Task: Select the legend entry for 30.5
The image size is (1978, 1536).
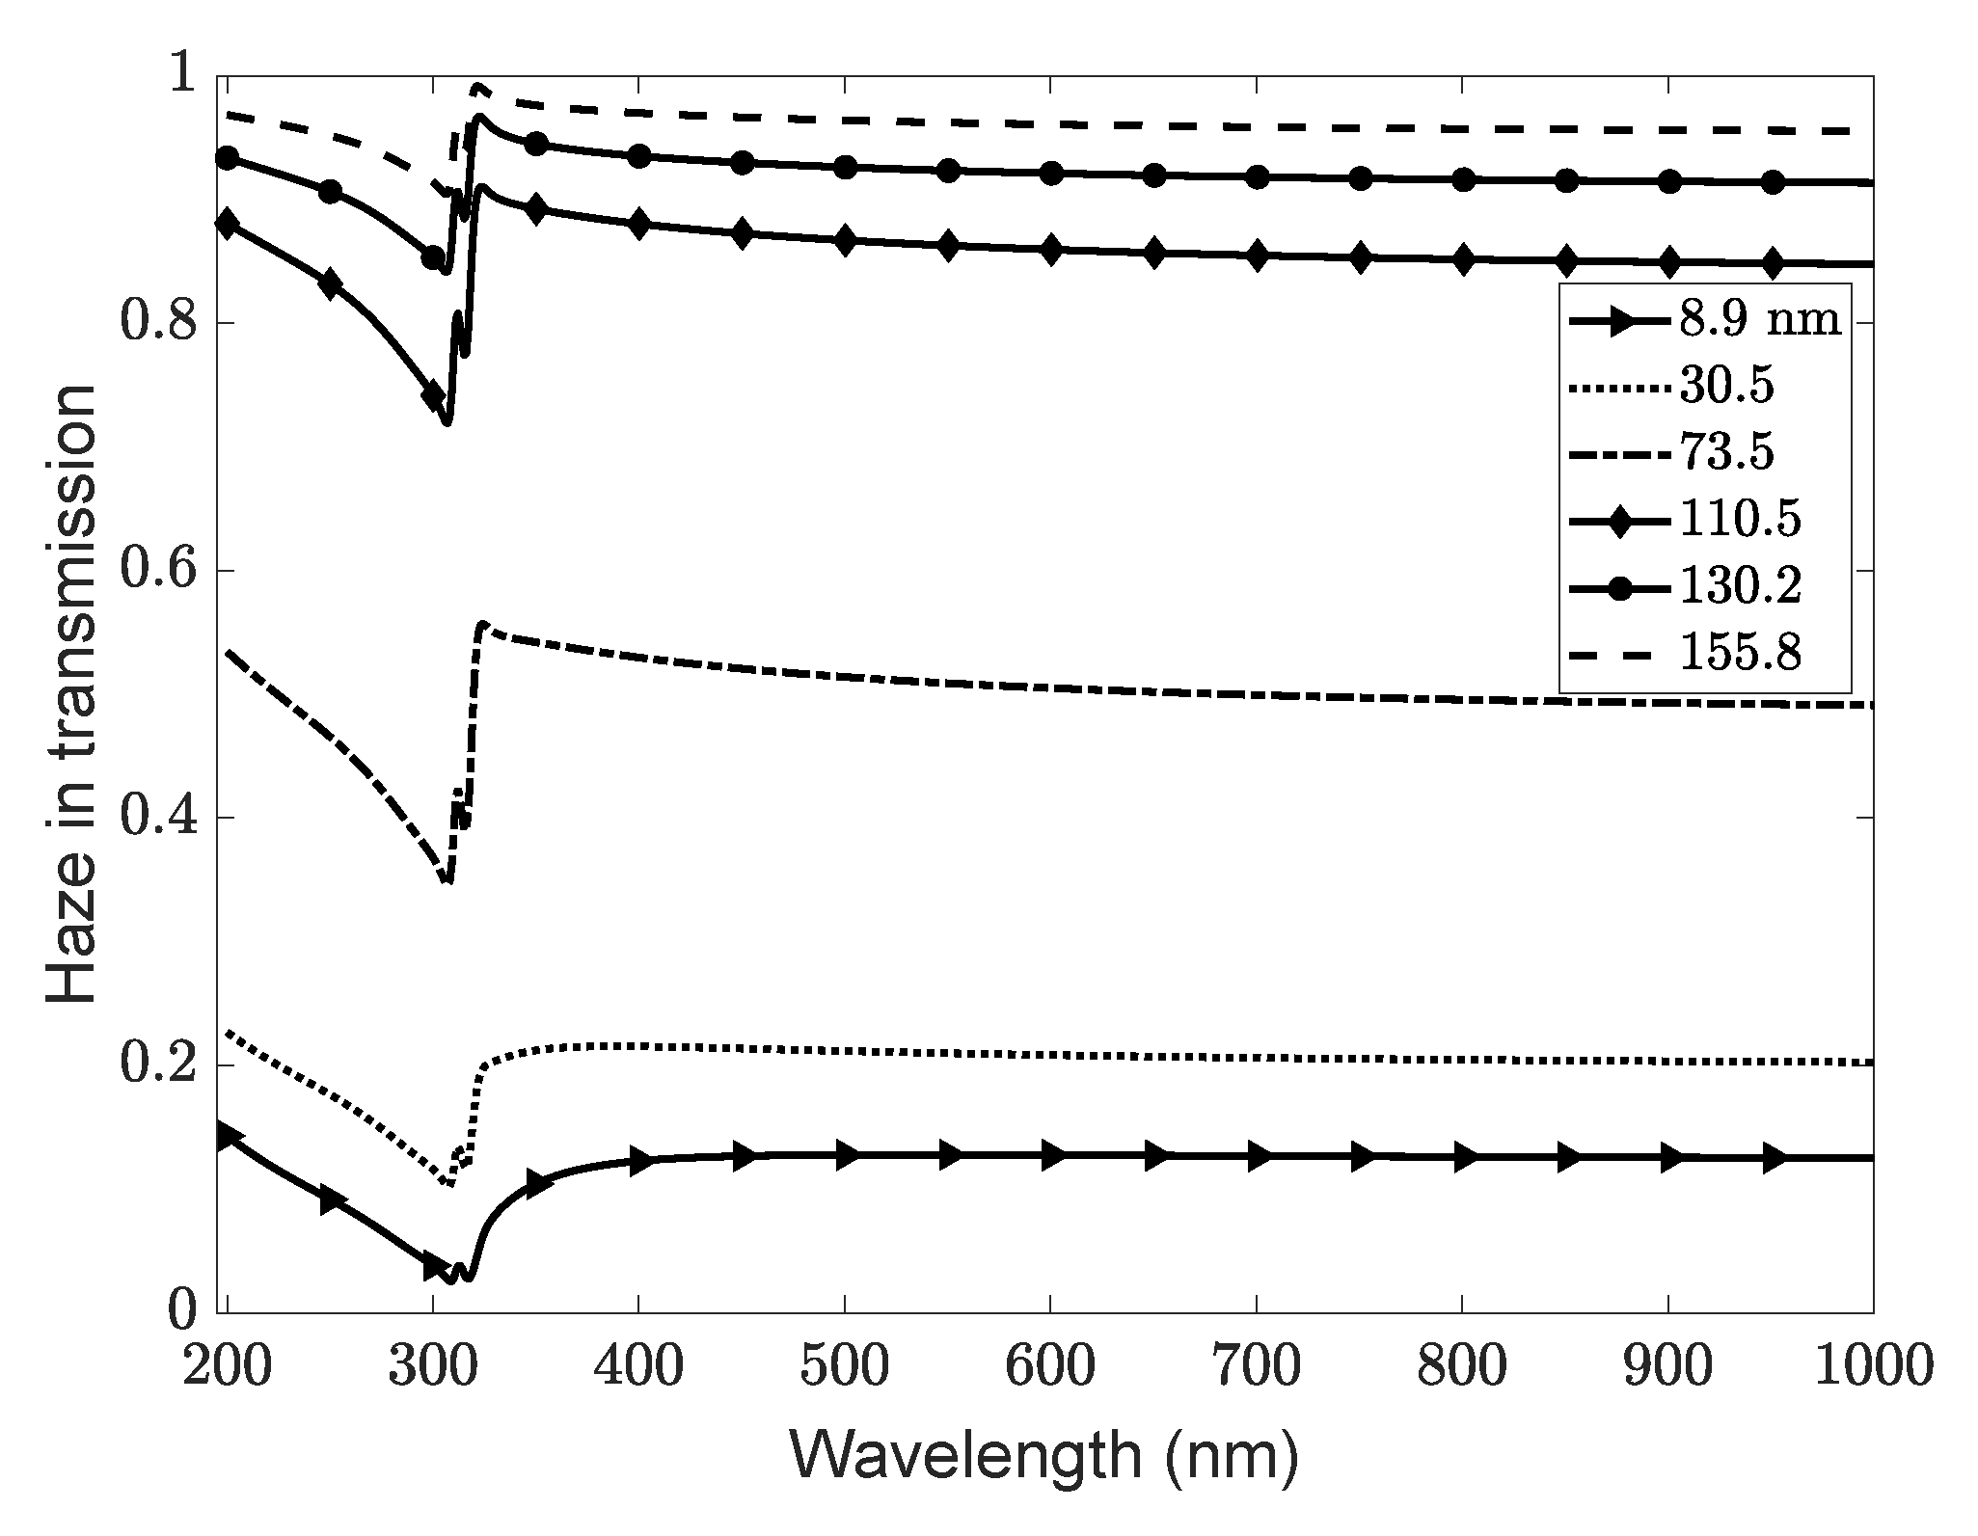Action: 1726,388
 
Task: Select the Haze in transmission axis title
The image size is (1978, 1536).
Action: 72,694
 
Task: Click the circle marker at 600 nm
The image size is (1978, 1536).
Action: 1051,174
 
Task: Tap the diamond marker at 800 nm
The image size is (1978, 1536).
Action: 1463,260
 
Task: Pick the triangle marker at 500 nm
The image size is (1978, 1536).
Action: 846,1154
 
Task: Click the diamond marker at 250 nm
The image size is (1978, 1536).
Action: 331,284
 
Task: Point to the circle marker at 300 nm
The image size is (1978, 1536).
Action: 434,257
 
